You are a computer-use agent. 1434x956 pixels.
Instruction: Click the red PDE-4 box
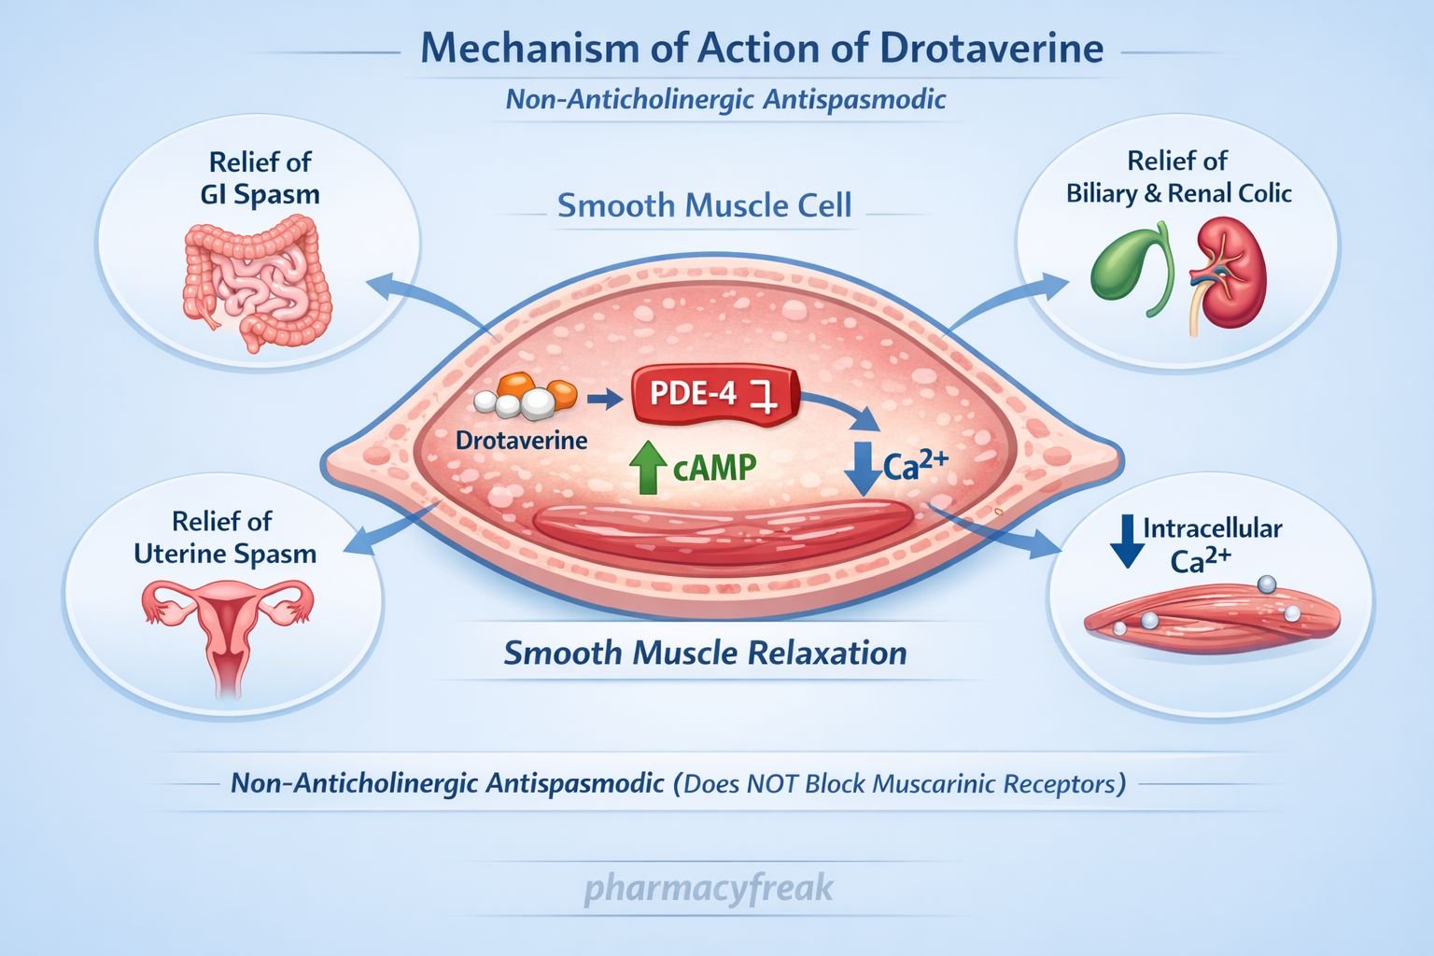(x=715, y=396)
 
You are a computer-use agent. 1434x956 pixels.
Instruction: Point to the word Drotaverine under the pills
(x=521, y=440)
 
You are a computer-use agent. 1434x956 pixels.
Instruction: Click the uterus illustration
(x=226, y=627)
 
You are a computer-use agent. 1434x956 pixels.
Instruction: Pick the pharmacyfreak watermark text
(x=708, y=888)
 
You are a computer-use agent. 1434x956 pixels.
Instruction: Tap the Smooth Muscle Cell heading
(x=704, y=205)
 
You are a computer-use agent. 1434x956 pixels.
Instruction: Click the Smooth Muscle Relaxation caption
(x=705, y=653)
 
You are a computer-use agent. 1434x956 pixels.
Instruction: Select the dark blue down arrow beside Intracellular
(x=1127, y=541)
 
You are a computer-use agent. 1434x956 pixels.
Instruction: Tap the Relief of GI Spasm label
(x=260, y=178)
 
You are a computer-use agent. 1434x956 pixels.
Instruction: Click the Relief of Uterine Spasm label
(x=225, y=537)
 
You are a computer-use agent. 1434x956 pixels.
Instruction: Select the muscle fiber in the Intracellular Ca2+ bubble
(x=1212, y=616)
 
